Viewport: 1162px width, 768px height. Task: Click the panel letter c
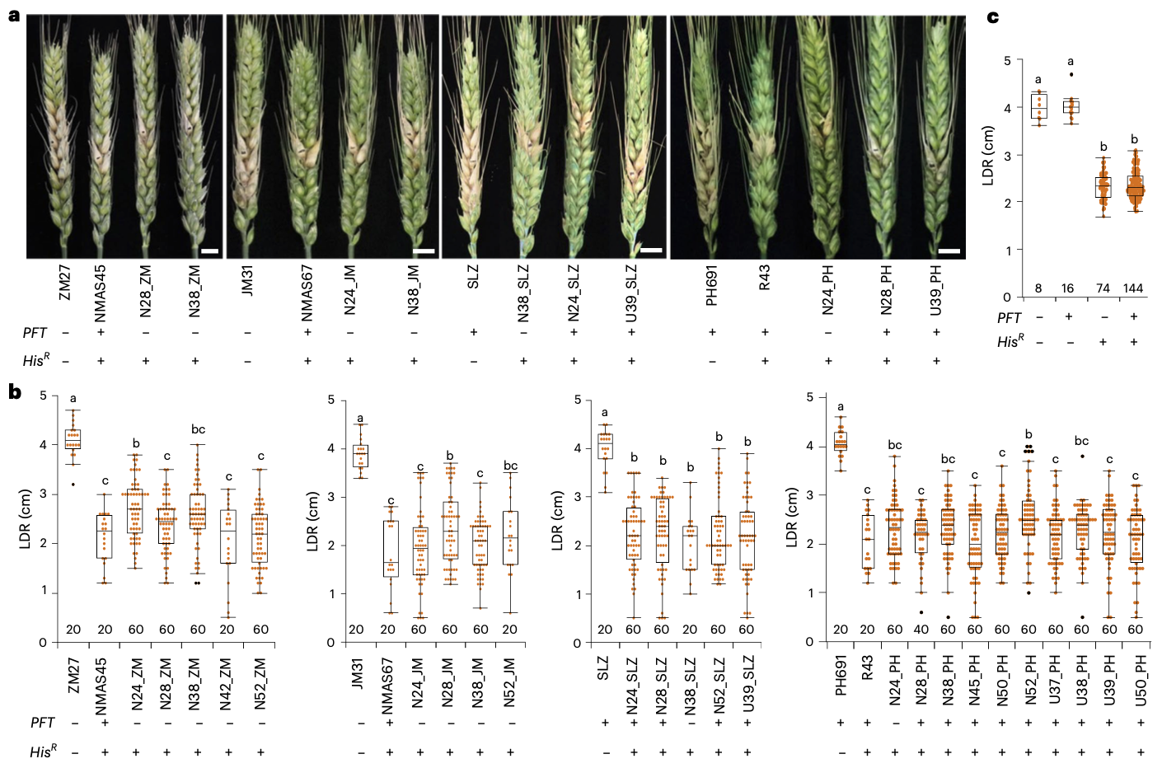(993, 16)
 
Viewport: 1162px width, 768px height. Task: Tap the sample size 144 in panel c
(1133, 288)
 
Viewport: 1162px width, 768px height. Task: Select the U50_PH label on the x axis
(1141, 677)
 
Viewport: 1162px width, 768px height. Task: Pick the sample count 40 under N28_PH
(921, 630)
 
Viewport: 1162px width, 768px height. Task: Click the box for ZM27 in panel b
(73, 438)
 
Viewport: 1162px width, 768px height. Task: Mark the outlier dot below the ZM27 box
(73, 485)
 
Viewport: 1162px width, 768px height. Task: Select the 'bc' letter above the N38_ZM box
(198, 429)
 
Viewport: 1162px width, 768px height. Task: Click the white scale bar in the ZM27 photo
(209, 251)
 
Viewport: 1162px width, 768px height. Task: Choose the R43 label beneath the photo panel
(765, 278)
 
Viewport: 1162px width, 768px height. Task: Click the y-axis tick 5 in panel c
(1007, 60)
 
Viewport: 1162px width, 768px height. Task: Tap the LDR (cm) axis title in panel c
(989, 155)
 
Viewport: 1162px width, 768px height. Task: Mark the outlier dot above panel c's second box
(1071, 74)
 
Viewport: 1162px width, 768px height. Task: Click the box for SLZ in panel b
(605, 446)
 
